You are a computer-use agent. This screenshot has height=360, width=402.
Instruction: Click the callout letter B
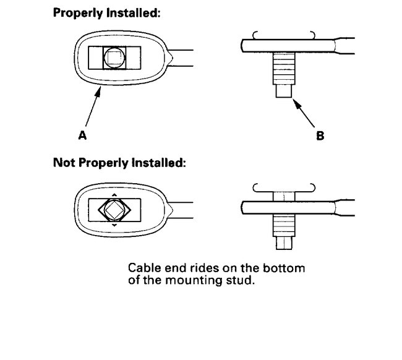click(320, 135)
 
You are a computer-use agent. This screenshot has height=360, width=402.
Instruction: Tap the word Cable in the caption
click(142, 270)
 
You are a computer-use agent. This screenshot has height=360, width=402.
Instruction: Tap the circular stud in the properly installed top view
click(113, 58)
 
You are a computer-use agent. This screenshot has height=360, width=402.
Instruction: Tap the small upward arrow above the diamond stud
click(114, 194)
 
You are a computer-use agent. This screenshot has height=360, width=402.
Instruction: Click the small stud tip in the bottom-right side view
click(283, 243)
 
